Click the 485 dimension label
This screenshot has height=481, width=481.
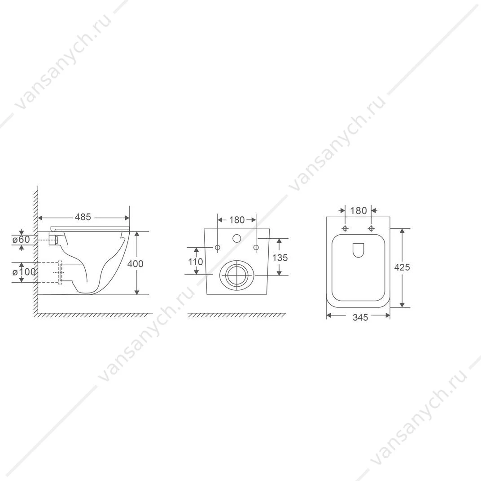(x=83, y=217)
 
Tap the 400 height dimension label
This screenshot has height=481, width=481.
(x=136, y=263)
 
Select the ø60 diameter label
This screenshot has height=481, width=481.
(x=21, y=239)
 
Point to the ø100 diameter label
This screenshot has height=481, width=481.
(x=24, y=272)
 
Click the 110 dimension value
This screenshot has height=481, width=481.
(x=196, y=262)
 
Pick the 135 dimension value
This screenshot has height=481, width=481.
(x=280, y=258)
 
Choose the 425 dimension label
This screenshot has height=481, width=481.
(x=402, y=267)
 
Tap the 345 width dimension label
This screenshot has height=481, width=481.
(x=360, y=318)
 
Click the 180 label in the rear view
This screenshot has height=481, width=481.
(x=237, y=220)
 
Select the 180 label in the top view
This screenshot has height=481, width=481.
(x=359, y=211)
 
